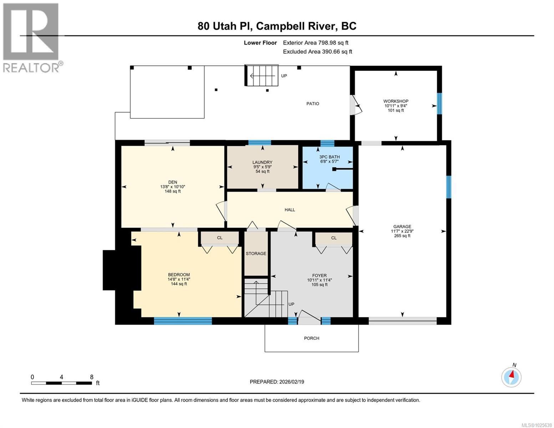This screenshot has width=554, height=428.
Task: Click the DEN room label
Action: [173, 182]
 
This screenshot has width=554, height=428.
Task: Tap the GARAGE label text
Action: [402, 226]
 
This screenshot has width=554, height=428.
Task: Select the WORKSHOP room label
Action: [396, 101]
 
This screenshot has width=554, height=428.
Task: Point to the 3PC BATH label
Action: [329, 157]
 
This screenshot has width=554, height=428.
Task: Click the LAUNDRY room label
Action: [262, 162]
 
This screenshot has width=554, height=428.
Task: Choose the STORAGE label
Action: [256, 254]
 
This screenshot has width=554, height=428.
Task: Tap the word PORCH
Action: [311, 338]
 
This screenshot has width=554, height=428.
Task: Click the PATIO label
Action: [312, 104]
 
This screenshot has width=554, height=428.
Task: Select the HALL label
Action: [290, 210]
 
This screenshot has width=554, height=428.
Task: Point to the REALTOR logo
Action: [31, 37]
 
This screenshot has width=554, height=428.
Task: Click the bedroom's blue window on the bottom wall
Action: [183, 321]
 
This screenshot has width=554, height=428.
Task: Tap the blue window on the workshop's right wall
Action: [439, 103]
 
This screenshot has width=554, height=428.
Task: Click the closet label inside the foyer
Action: [334, 238]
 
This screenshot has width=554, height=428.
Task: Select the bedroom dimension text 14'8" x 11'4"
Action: [179, 279]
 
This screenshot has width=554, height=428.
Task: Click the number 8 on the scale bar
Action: [92, 377]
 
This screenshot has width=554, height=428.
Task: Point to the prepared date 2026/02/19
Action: [291, 382]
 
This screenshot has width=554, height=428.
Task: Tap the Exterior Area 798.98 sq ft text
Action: [315, 43]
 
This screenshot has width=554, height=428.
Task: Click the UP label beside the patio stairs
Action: [284, 76]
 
